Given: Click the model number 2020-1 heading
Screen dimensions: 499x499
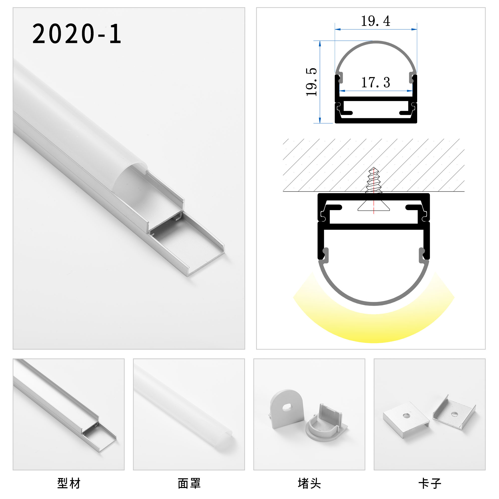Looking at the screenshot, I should click(76, 34).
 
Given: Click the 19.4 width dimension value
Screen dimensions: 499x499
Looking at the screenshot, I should click(375, 21).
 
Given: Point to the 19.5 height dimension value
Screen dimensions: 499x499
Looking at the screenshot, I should click(311, 82).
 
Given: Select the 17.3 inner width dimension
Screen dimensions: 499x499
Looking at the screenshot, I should click(375, 83).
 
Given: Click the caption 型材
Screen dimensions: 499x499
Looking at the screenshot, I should click(69, 483).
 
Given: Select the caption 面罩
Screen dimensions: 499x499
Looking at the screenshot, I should click(189, 483).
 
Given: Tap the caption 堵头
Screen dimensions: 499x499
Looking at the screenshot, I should click(309, 483).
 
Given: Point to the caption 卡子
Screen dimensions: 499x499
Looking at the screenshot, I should click(430, 483).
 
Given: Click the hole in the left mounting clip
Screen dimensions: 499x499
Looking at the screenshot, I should click(406, 416).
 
